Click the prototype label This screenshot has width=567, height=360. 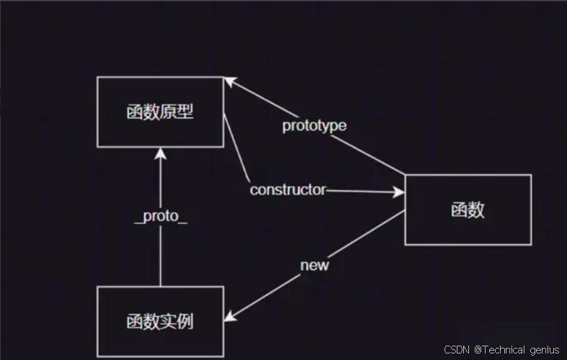314,125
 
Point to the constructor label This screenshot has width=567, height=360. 287,190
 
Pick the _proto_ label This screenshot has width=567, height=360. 161,216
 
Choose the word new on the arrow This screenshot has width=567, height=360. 314,265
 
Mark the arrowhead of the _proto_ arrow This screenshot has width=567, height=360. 160,153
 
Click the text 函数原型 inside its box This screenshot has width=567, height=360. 160,112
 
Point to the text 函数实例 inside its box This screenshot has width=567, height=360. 160,321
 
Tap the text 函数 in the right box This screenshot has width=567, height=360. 468,210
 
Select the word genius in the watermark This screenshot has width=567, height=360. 544,350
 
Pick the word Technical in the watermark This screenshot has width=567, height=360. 504,350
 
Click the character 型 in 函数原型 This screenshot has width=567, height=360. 187,112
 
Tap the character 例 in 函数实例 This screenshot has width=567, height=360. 187,321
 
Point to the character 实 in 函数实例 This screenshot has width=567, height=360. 169,321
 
